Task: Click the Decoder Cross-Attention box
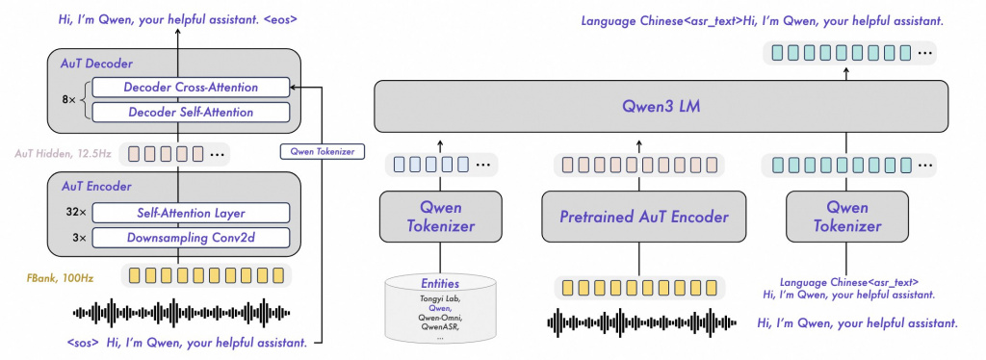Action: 191,88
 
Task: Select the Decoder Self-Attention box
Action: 191,112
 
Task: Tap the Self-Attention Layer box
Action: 191,213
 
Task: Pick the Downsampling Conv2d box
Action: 191,237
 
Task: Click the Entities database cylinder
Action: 440,309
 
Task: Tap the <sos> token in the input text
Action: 85,343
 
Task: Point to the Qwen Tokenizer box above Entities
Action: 440,217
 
